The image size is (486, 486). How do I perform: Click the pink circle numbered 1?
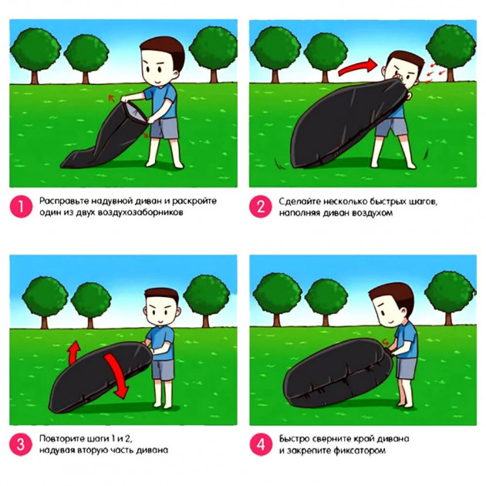tap(21, 207)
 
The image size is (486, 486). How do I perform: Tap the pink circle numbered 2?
tap(261, 207)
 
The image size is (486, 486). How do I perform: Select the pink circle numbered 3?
tap(21, 444)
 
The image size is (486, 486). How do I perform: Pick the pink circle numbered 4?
tap(261, 444)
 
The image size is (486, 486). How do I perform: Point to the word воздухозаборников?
tap(140, 213)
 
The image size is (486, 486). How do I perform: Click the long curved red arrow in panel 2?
tap(356, 68)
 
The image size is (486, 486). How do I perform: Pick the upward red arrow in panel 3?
tap(74, 353)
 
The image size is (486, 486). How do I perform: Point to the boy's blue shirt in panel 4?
tap(406, 341)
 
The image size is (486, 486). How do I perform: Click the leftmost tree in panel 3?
tap(45, 302)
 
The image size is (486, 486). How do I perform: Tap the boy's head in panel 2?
tap(402, 70)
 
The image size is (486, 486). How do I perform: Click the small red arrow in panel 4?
tap(385, 343)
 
